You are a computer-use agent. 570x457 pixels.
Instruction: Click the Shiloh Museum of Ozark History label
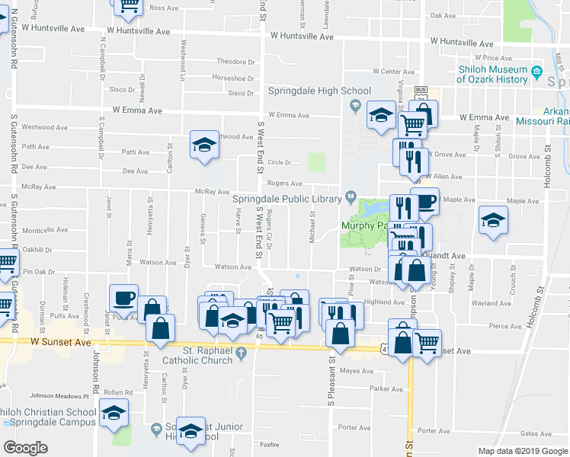point(493,74)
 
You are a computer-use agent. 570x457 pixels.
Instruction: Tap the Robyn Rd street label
point(118,392)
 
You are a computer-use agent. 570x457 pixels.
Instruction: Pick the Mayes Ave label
point(354,372)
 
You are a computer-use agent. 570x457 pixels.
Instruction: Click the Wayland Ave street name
point(491,303)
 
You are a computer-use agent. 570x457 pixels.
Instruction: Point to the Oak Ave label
point(443,15)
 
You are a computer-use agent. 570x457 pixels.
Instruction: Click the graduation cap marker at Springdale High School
point(381,115)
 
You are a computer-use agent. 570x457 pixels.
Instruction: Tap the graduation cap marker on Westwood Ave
point(204,144)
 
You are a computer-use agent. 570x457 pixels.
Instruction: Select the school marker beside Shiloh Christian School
point(114,413)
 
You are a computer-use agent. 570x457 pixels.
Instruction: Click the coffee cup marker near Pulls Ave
point(123,298)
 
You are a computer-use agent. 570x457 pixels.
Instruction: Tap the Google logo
point(25,448)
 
